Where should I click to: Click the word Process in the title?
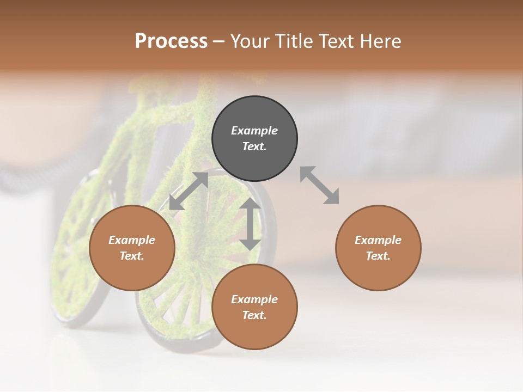(171, 41)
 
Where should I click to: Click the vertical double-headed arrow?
(250, 224)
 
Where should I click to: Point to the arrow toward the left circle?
(188, 191)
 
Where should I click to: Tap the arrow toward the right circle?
(320, 185)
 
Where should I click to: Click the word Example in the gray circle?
(254, 131)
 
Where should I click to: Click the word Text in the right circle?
(378, 256)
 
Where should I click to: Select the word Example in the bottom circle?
(254, 299)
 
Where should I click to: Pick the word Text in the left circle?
(132, 256)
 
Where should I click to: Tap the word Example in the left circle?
(132, 240)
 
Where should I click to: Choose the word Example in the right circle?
(378, 240)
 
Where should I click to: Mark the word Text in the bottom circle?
(254, 315)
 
